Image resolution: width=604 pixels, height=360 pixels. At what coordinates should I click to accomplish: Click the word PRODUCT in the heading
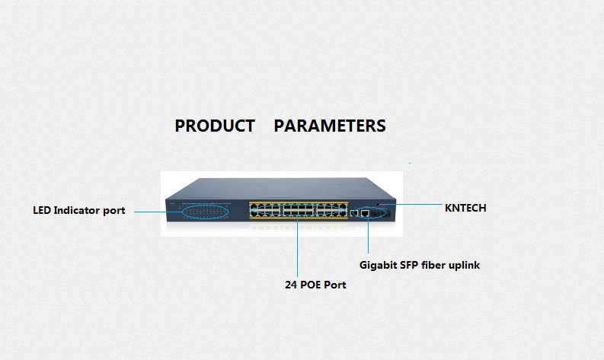pyautogui.click(x=215, y=126)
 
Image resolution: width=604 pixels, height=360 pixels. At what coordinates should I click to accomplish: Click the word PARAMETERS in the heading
pyautogui.click(x=330, y=126)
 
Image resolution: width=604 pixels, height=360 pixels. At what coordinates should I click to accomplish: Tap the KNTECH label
pyautogui.click(x=465, y=207)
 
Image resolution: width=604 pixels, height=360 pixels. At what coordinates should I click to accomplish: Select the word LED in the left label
pyautogui.click(x=42, y=210)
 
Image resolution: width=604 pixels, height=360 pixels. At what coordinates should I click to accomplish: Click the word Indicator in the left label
pyautogui.click(x=78, y=210)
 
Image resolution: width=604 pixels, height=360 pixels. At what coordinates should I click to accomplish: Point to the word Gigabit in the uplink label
pyautogui.click(x=379, y=266)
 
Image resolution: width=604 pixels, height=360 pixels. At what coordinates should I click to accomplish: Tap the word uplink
pyautogui.click(x=466, y=266)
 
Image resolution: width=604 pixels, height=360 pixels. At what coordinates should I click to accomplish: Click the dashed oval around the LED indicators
pyautogui.click(x=198, y=211)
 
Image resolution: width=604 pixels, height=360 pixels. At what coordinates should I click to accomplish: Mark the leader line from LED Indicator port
pyautogui.click(x=149, y=211)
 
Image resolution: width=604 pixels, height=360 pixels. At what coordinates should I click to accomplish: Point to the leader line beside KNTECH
pyautogui.click(x=415, y=205)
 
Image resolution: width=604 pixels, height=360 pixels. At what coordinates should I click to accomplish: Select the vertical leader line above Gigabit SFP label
pyautogui.click(x=369, y=240)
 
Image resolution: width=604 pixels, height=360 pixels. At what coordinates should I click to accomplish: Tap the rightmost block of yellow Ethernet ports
pyautogui.click(x=331, y=209)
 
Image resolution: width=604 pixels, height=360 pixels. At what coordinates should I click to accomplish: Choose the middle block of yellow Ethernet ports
pyautogui.click(x=298, y=209)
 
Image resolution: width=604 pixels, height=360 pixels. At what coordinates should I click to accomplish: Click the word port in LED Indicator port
pyautogui.click(x=114, y=210)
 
